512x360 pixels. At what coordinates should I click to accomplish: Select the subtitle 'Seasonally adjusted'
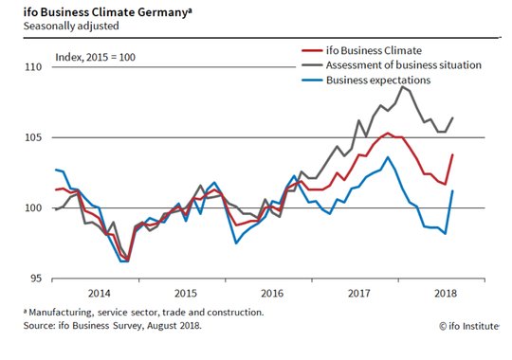[71, 26]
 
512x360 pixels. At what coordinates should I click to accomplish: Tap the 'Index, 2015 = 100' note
[95, 57]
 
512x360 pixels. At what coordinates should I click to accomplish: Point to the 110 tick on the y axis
[33, 67]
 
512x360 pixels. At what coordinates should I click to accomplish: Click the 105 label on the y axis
[33, 137]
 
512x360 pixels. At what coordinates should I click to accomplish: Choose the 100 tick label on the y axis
[33, 207]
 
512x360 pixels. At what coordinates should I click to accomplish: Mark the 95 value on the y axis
[37, 279]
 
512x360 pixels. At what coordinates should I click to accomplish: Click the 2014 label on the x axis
[100, 293]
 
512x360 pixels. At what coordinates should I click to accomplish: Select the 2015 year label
[186, 293]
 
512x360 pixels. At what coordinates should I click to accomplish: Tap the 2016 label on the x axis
[272, 293]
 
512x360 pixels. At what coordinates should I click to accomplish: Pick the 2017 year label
[359, 293]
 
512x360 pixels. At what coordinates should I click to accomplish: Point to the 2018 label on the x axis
[446, 293]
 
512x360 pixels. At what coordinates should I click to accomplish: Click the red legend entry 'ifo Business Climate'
[374, 50]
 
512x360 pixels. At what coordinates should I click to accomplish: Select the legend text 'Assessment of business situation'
[404, 65]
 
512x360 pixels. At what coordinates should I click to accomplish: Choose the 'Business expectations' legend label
[378, 80]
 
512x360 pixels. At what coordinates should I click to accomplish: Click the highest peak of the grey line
[403, 86]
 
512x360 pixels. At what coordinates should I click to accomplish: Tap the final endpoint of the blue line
[452, 190]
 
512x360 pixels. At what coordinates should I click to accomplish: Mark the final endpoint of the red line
[452, 154]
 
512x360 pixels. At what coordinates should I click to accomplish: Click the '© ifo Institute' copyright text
[469, 326]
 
